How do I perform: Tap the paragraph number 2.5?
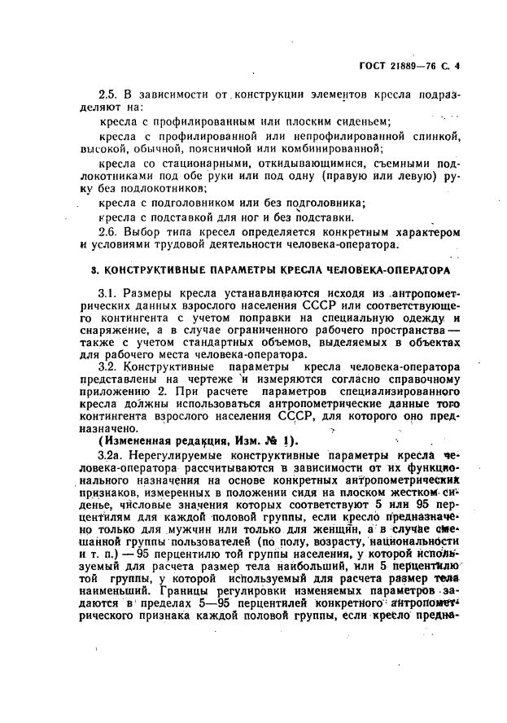(108, 95)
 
